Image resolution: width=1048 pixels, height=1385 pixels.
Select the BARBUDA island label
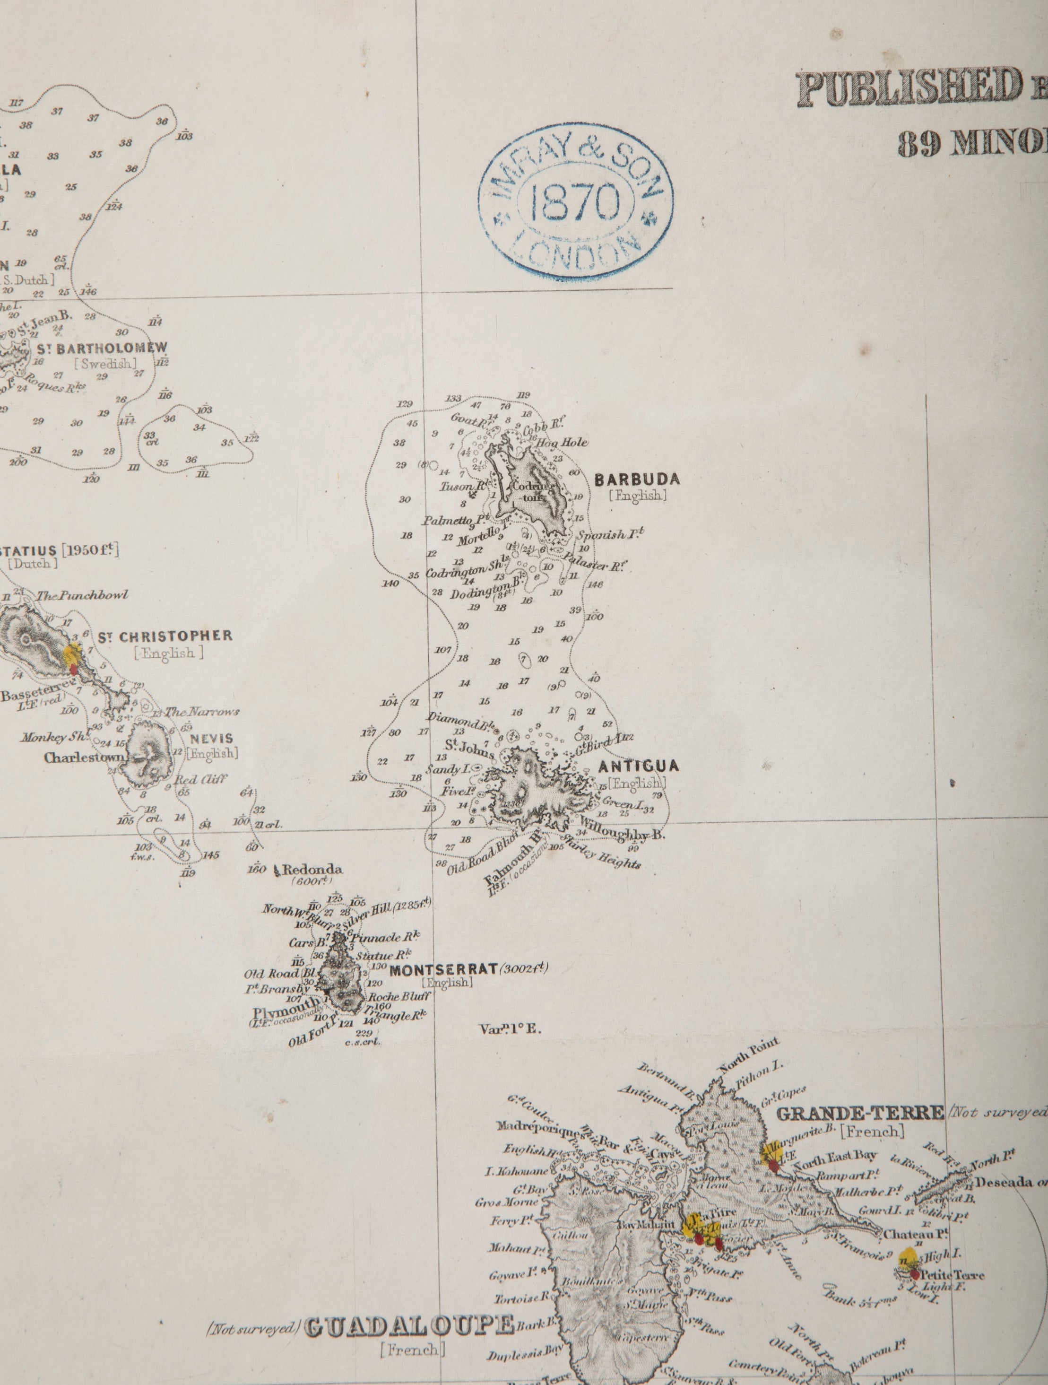coord(637,480)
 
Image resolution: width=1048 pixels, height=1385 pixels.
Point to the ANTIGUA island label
coord(639,766)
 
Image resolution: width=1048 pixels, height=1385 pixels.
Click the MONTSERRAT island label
coord(443,970)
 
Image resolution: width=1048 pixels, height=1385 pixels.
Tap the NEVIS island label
coord(212,739)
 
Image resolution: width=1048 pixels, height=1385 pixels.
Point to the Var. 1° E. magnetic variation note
coord(510,1029)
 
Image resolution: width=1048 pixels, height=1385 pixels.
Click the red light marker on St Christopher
coord(74,669)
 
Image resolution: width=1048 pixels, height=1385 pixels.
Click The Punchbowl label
coord(82,595)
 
